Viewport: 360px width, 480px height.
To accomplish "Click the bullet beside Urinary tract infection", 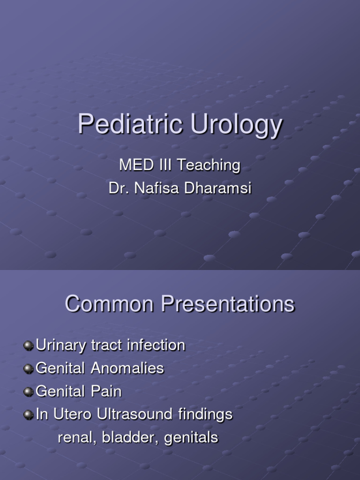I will coord(29,345).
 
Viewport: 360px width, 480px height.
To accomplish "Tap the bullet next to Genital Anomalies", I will coord(29,368).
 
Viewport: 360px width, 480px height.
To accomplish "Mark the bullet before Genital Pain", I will coord(29,391).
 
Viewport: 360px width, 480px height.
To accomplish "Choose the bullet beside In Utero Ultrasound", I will coord(29,414).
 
